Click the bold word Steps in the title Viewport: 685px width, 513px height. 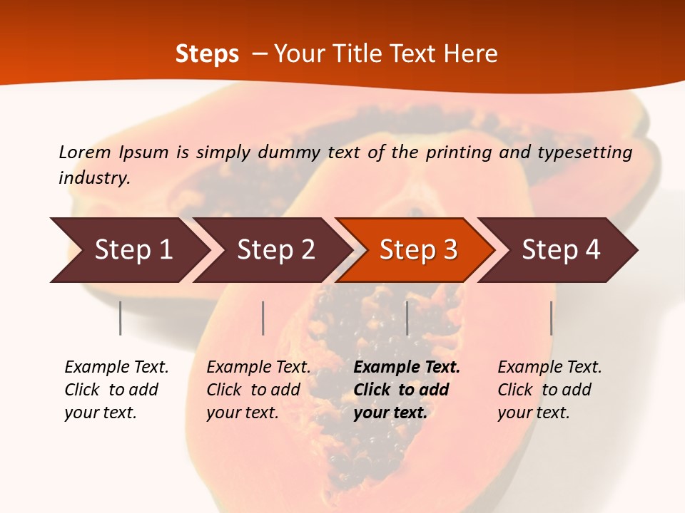[207, 54]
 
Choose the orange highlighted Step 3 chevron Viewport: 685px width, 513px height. [417, 250]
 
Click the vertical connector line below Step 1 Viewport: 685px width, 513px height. [121, 318]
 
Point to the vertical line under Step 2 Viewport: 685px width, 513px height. [263, 318]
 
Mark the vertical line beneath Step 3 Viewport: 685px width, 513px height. [407, 318]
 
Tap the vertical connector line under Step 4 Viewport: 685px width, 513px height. [551, 318]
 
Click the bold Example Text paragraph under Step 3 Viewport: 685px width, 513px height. [407, 390]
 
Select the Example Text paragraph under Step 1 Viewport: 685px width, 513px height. [116, 390]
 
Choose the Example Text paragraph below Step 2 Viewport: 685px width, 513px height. [258, 390]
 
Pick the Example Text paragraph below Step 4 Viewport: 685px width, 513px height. [549, 390]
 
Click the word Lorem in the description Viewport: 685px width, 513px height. [84, 152]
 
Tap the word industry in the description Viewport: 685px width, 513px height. [93, 178]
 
